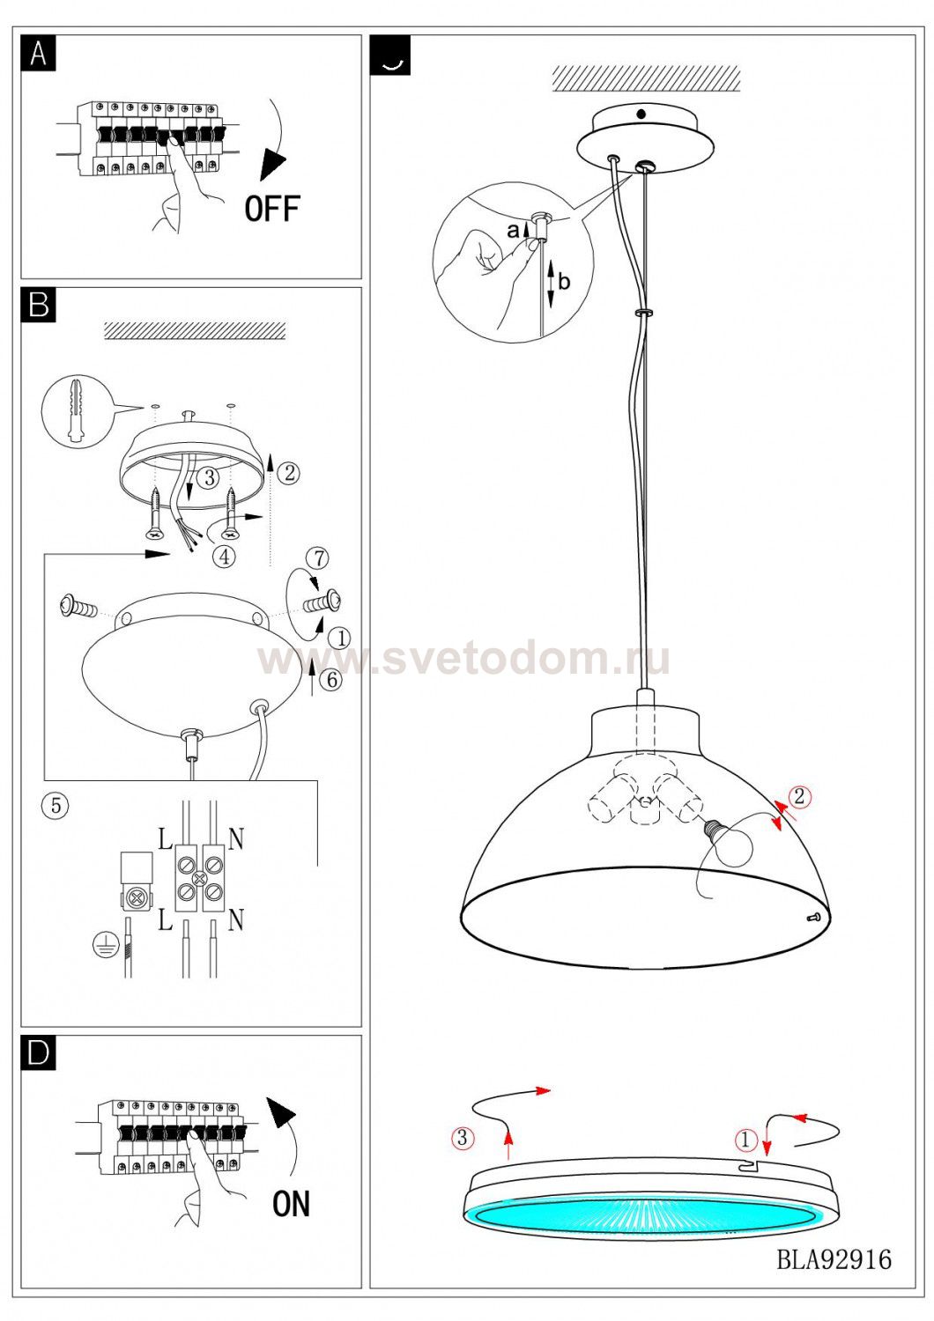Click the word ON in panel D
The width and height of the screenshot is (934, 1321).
[291, 1204]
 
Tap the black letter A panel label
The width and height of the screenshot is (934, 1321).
[39, 53]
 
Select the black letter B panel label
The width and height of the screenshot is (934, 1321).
[39, 306]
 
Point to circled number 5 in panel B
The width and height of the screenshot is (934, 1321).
[56, 805]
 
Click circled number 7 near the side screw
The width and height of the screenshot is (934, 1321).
[318, 557]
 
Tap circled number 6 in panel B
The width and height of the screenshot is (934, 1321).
[331, 679]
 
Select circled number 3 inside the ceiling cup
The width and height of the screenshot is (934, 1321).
[210, 477]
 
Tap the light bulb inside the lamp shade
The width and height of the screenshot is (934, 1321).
[727, 842]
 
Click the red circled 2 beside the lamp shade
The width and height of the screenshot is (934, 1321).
[799, 796]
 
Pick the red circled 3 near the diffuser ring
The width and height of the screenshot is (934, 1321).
[463, 1138]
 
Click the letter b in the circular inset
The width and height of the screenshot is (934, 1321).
[564, 281]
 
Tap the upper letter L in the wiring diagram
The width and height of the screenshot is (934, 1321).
[165, 838]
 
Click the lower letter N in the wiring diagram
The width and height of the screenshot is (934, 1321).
[236, 919]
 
